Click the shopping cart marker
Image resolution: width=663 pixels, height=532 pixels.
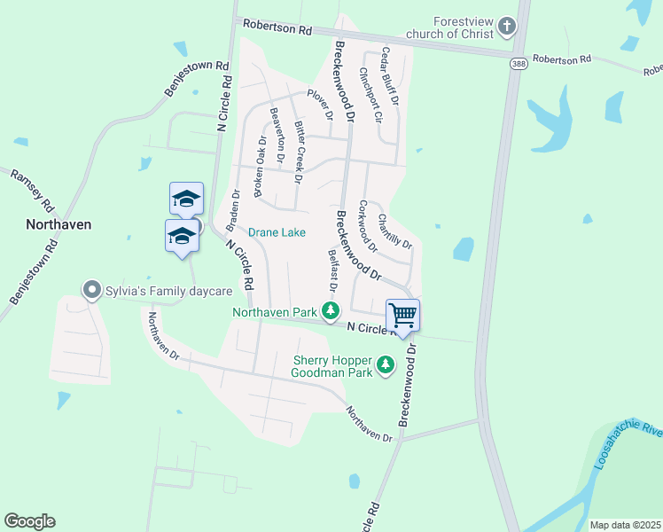pyautogui.click(x=402, y=315)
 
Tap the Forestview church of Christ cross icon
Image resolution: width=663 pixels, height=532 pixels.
pyautogui.click(x=507, y=26)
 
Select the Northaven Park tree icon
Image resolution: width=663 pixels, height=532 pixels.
pyautogui.click(x=331, y=310)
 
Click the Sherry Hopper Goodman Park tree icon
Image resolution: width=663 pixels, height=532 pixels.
pyautogui.click(x=386, y=364)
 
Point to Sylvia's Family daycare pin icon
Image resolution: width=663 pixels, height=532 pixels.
pyautogui.click(x=90, y=290)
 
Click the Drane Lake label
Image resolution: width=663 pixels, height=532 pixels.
pyautogui.click(x=277, y=232)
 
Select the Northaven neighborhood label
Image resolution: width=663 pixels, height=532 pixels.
pyautogui.click(x=58, y=224)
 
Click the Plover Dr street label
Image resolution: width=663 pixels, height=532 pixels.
pyautogui.click(x=320, y=103)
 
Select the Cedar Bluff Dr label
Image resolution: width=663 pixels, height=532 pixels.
pyautogui.click(x=390, y=76)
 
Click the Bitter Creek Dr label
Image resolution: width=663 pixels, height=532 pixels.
pyautogui.click(x=300, y=152)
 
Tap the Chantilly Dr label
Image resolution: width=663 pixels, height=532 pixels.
pyautogui.click(x=394, y=231)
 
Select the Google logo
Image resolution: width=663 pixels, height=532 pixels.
pyautogui.click(x=29, y=521)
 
